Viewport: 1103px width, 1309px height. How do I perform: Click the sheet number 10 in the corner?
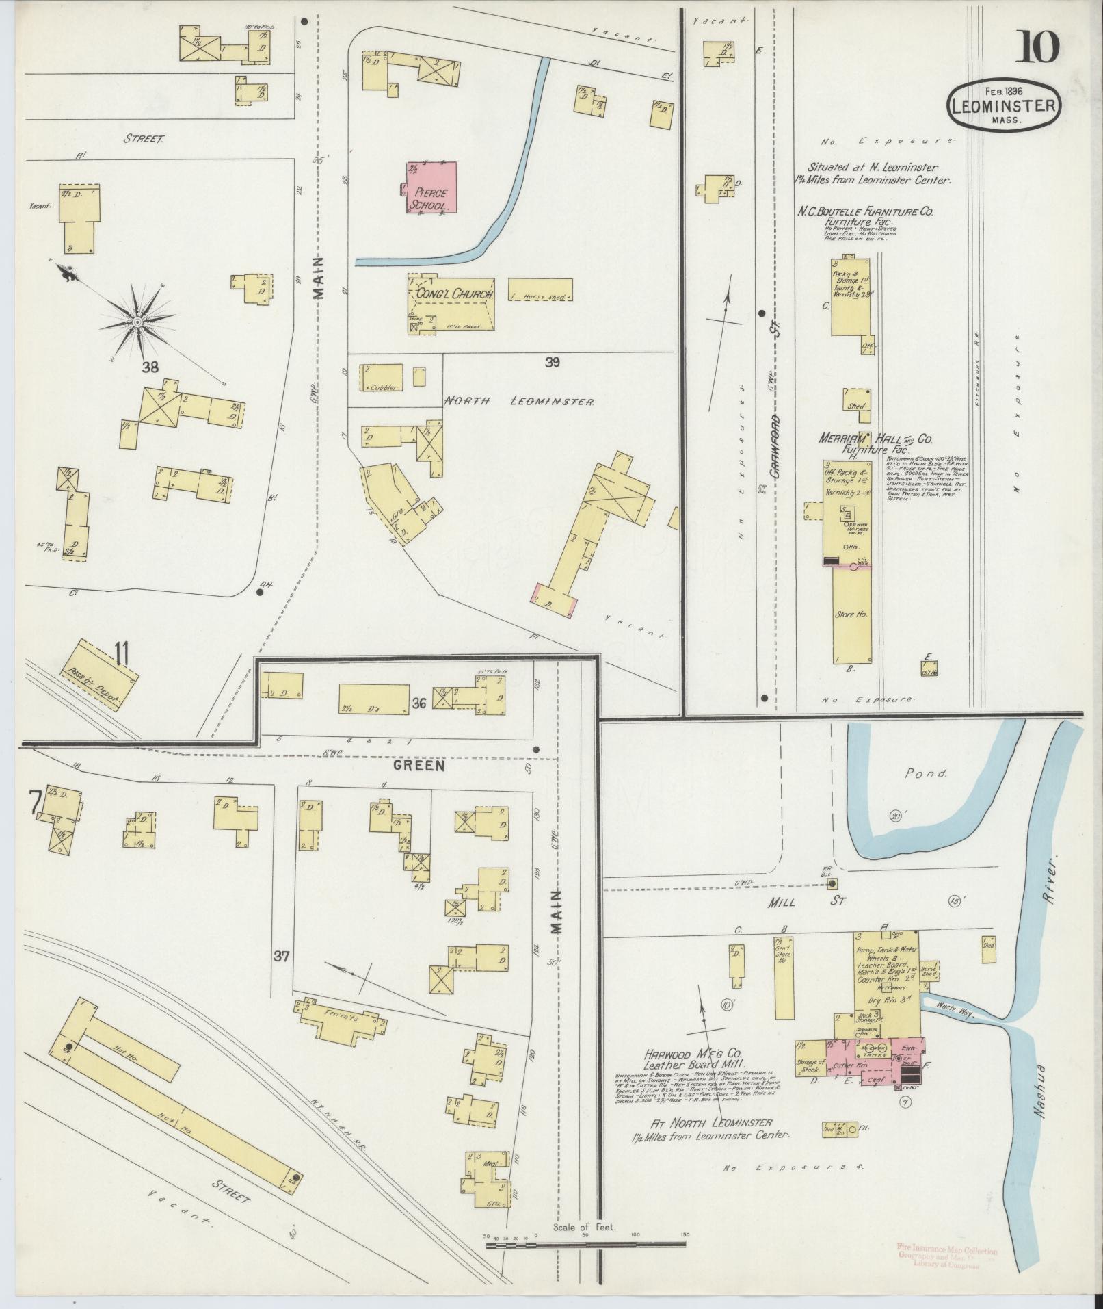tap(1041, 47)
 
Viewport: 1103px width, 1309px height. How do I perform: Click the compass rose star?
tap(137, 321)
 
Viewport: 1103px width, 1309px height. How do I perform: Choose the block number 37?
tap(281, 957)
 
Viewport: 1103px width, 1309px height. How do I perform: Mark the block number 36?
tap(419, 702)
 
